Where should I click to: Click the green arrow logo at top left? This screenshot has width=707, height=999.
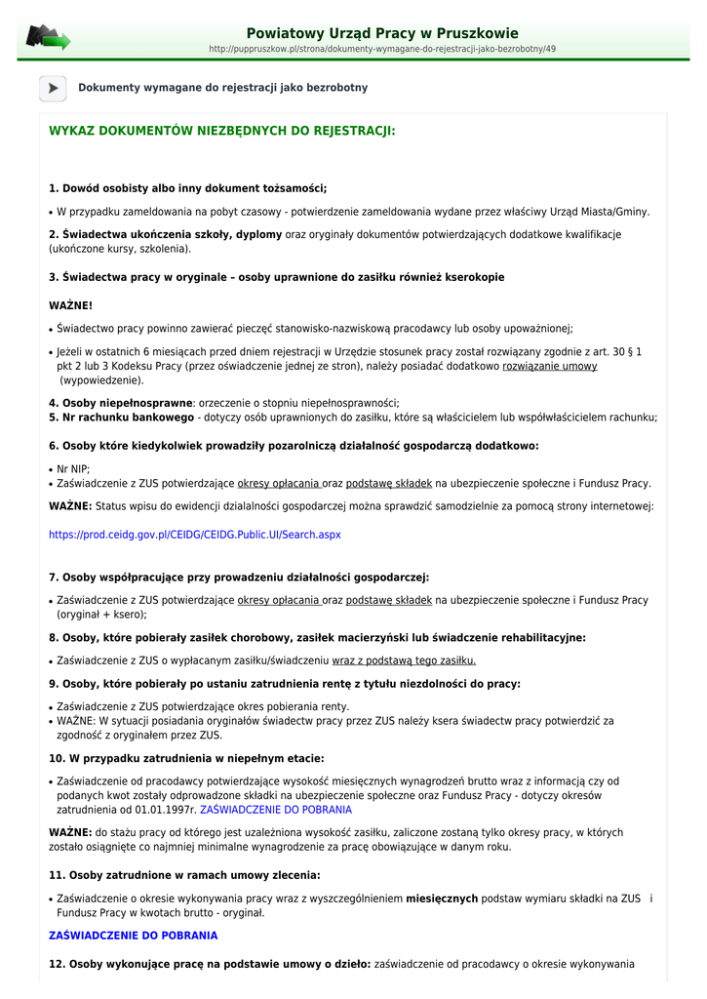[47, 38]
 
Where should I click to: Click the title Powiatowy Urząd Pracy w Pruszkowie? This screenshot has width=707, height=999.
[382, 33]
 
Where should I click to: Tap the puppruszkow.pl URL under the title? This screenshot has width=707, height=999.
[382, 49]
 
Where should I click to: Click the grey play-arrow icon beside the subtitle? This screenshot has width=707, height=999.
[53, 88]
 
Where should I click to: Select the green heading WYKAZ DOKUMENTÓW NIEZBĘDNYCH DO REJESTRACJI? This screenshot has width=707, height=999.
[222, 130]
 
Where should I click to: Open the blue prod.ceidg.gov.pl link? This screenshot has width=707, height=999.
[195, 535]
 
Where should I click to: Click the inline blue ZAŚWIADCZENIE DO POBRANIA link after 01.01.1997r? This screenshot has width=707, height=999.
[276, 810]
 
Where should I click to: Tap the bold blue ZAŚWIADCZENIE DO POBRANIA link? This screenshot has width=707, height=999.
[134, 935]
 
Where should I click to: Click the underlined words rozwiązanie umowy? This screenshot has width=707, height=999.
[549, 366]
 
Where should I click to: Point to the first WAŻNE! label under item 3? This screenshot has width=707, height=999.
[70, 305]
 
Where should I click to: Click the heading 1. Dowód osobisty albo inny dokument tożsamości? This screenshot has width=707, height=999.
[188, 188]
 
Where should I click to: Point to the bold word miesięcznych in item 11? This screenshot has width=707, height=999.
[442, 899]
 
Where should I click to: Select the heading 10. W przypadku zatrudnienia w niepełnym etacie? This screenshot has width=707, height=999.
[186, 758]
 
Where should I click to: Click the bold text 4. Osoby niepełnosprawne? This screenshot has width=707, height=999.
[120, 402]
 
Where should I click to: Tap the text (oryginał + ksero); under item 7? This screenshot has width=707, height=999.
[101, 615]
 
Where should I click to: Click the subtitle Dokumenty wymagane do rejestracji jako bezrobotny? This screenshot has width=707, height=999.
[223, 88]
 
